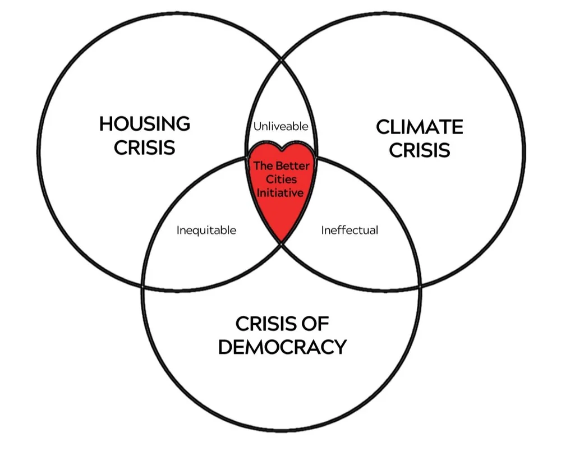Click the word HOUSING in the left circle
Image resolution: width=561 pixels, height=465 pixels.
point(145,123)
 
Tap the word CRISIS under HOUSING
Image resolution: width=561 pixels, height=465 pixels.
point(145,147)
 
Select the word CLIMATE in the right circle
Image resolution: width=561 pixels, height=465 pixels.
point(419,127)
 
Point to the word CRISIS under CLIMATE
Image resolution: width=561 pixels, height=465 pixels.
point(419,150)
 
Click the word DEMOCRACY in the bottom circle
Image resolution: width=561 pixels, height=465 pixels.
point(282,347)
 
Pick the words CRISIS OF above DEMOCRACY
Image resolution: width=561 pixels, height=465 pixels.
point(282,324)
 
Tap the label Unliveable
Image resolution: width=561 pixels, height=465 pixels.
point(280,126)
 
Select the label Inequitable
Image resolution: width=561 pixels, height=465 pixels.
point(206,230)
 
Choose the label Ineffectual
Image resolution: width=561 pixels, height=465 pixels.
point(350,230)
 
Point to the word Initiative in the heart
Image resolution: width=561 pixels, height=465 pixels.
point(280,192)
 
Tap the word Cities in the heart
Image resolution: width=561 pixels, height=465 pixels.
point(281,179)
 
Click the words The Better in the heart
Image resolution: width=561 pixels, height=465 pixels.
point(281,166)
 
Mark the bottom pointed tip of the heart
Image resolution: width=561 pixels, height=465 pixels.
point(280,241)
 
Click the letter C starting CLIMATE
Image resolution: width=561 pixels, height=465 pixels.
point(383,127)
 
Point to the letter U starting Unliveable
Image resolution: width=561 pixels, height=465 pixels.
point(257,126)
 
